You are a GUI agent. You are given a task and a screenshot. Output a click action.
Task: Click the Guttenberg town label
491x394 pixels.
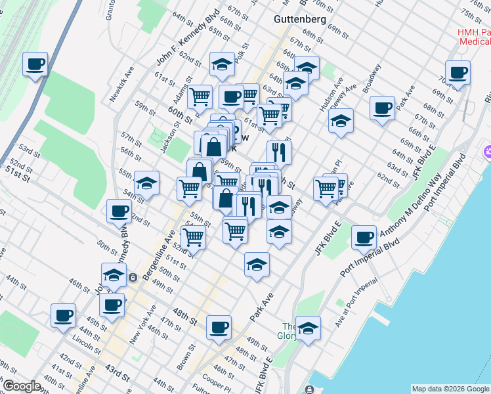(x=299, y=20)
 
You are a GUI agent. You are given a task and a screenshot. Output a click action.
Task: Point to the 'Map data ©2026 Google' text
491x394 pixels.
(x=450, y=389)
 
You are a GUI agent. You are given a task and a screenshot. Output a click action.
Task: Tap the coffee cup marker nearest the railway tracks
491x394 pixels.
(x=35, y=64)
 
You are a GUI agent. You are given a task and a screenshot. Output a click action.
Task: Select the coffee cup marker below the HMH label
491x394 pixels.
(x=457, y=72)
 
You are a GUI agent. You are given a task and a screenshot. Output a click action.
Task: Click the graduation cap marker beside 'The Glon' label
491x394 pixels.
(x=307, y=327)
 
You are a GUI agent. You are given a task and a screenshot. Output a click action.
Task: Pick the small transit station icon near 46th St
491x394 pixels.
(x=133, y=277)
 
